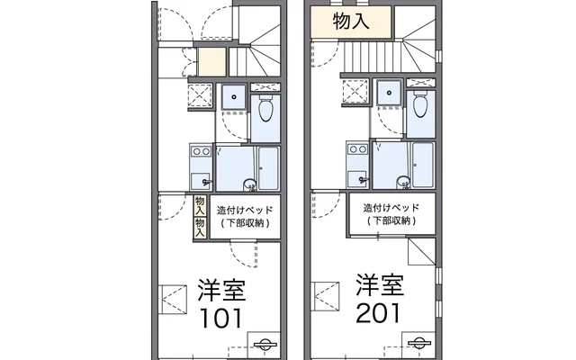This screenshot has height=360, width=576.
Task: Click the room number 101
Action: point(220,318)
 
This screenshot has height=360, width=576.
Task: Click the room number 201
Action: point(378,313)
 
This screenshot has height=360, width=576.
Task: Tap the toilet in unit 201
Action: point(420,104)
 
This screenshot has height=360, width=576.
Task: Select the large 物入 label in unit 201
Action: point(351,21)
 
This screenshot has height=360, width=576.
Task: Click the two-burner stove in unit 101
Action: point(201,151)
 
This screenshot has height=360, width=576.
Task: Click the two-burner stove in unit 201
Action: point(357,149)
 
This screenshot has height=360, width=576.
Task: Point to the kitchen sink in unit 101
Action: point(200,181)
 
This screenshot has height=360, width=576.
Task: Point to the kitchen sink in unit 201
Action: point(357,179)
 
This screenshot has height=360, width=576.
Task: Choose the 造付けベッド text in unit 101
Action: point(245,211)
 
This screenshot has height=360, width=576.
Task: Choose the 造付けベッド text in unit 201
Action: point(391,208)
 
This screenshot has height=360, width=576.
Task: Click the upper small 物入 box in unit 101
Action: point(200,206)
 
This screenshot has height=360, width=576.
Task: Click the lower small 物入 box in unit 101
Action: point(200,228)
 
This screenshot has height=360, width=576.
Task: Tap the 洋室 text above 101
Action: point(221,290)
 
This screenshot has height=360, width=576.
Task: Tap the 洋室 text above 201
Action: point(380,284)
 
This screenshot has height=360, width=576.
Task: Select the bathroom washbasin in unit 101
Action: point(250,183)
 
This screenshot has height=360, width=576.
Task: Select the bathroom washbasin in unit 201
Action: point(403,181)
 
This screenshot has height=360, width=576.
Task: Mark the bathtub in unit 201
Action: point(423,165)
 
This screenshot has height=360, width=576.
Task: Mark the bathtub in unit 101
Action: point(268,168)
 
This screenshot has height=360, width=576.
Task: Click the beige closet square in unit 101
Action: point(212,62)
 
